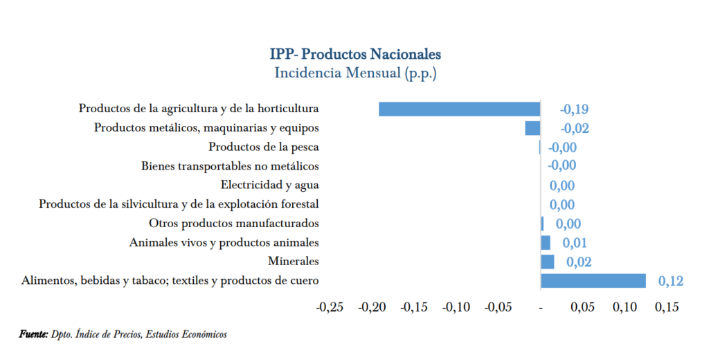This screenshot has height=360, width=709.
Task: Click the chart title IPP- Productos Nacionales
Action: pos(355,54)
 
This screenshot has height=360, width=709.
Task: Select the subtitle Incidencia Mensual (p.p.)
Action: pos(355,72)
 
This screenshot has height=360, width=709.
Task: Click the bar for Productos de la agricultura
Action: pos(459,109)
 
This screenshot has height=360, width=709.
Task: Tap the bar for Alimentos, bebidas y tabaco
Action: pos(593,280)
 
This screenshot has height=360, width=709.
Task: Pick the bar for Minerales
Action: pos(547,261)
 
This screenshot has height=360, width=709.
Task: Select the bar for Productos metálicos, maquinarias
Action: pos(532,128)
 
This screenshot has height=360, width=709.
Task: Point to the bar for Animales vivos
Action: pos(546,242)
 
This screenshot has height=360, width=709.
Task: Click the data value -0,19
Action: pos(574,109)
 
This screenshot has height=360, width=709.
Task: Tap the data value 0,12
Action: pos(671,280)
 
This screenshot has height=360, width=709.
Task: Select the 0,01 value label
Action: pos(575,242)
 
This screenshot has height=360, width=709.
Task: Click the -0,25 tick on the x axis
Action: pos(330,307)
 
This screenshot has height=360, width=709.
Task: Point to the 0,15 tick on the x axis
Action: pos(667,307)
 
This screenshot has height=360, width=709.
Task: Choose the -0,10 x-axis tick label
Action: pos(456,307)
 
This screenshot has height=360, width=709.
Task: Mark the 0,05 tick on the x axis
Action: pos(582,307)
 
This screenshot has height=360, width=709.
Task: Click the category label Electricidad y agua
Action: pos(269,185)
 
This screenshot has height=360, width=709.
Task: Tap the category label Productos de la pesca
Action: pos(263,147)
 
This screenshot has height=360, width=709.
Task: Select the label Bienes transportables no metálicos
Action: pos(230,166)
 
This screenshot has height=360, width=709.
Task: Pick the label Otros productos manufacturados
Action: pos(234,223)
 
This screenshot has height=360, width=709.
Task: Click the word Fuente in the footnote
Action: pos(33,334)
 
